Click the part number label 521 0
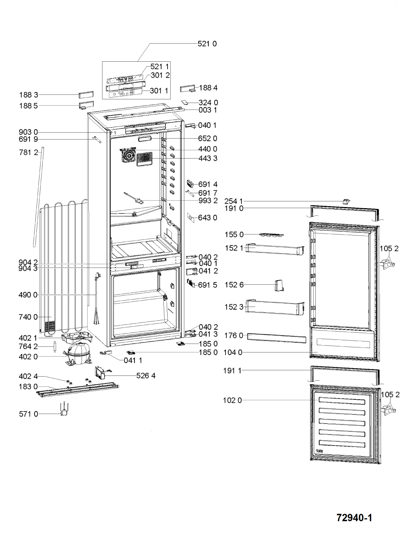207,44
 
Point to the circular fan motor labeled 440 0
128,155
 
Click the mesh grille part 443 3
144,159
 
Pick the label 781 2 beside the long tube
28,152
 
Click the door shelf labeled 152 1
275,249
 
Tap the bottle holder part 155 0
271,235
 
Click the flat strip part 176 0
276,338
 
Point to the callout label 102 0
232,400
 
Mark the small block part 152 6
279,285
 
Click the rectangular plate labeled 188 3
86,95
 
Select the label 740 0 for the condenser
28,317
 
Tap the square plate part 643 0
191,218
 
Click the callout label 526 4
146,375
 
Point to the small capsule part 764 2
55,346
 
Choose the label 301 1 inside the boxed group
159,91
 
